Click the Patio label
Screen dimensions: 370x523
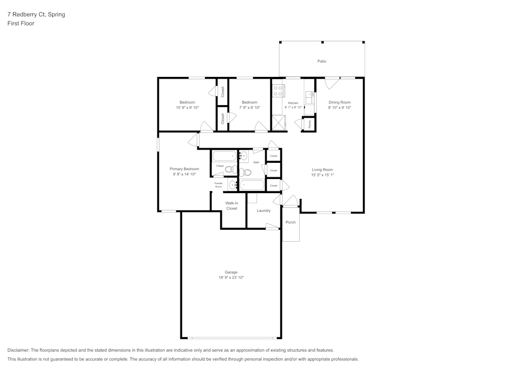[x=322, y=61]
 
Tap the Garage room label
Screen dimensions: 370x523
[x=231, y=272]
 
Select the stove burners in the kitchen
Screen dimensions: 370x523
[x=278, y=90]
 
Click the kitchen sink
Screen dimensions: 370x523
[x=310, y=96]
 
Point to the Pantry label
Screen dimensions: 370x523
[x=309, y=124]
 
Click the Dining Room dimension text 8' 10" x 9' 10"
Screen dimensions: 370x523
[x=339, y=108]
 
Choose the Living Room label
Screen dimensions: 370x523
[x=322, y=170]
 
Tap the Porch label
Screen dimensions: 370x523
[x=290, y=222]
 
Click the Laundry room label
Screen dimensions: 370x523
[x=264, y=211]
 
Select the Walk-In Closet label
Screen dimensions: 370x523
[x=232, y=206]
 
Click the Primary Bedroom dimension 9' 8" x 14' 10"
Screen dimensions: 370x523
[x=184, y=174]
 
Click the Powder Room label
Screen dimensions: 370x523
[x=218, y=185]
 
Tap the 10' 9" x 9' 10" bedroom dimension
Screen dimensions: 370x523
[x=187, y=108]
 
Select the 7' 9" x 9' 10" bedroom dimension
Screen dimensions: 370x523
[x=249, y=108]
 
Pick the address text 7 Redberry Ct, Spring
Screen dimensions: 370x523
[x=36, y=15]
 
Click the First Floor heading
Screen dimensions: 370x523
[x=21, y=24]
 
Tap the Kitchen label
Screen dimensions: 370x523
[x=293, y=103]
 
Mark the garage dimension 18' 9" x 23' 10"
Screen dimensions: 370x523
[x=231, y=278]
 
